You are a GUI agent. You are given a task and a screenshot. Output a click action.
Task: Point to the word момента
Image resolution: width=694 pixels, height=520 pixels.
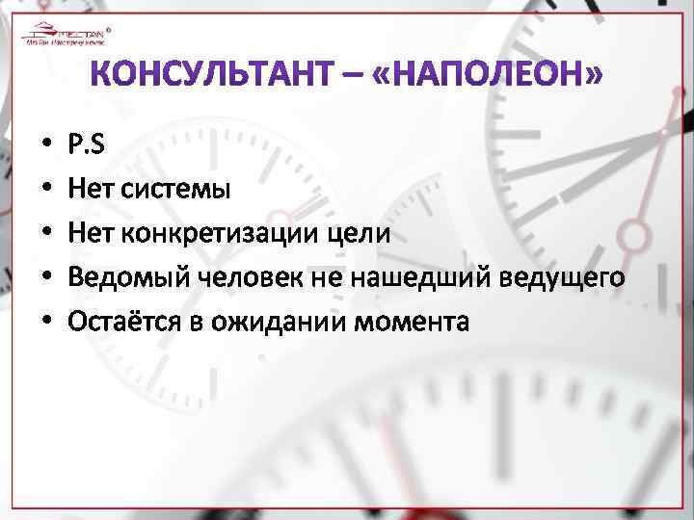coord(412,322)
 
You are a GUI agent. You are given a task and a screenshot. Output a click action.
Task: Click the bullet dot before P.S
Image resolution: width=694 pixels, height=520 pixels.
coord(46,144)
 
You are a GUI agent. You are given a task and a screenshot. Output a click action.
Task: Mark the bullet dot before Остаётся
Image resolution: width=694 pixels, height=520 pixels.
coord(46,323)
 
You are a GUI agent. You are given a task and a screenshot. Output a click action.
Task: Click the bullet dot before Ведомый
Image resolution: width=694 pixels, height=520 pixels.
coord(46,278)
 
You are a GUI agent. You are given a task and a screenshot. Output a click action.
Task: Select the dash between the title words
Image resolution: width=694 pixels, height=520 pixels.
coord(353,74)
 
